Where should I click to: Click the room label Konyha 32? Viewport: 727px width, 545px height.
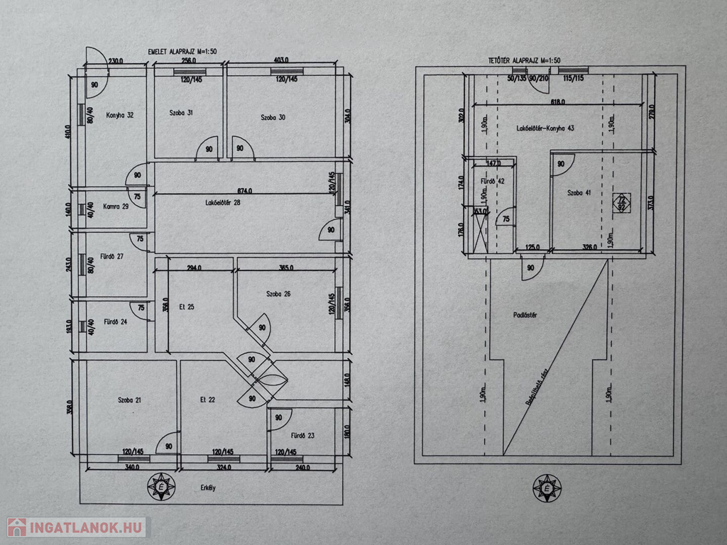pos(120,114)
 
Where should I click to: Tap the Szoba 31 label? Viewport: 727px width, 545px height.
pos(181,113)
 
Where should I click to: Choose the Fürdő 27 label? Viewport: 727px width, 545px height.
pos(111,256)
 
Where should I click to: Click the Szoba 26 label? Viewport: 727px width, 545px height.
pos(278,294)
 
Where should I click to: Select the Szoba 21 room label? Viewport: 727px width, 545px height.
pos(129,400)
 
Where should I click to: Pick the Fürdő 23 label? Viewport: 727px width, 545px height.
pos(302,436)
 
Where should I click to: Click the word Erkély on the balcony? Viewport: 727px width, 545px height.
pos(207,488)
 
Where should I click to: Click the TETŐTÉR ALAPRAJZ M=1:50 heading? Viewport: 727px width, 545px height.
pos(521,61)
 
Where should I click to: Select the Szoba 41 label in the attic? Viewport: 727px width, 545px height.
pos(579,192)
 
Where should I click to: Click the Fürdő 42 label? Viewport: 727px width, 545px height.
pos(493,181)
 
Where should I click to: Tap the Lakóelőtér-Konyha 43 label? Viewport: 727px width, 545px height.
pos(545,128)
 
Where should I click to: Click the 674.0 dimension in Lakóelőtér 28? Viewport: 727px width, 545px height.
pos(246,190)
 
